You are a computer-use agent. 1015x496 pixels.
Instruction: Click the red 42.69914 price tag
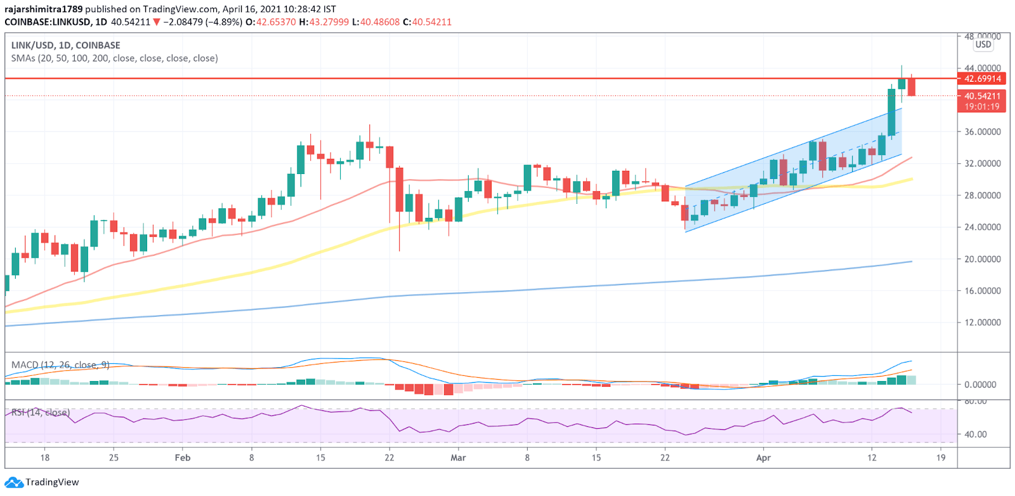[x=982, y=79]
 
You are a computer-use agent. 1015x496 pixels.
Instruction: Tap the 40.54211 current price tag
[x=982, y=96]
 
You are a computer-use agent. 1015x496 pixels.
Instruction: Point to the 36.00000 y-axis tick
[x=983, y=132]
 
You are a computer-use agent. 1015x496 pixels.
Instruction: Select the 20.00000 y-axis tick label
[x=983, y=259]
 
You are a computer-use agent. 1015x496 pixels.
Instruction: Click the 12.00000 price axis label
[x=983, y=323]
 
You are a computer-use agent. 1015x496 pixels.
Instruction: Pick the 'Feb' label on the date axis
[x=183, y=457]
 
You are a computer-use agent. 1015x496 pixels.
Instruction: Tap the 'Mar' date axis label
[x=458, y=457]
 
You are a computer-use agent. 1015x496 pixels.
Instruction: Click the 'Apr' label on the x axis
[x=763, y=457]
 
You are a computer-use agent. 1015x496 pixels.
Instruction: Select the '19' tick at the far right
[x=941, y=457]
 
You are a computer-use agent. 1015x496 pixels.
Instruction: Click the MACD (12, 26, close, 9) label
[x=60, y=365]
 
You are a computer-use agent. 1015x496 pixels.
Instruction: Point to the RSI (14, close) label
[x=41, y=413]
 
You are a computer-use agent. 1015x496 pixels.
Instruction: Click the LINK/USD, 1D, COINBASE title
[x=65, y=45]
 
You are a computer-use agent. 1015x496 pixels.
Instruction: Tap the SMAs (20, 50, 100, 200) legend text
[x=114, y=58]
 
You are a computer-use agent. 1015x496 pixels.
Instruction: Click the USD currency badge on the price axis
[x=983, y=44]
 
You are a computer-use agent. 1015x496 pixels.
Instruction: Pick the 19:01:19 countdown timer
[x=982, y=107]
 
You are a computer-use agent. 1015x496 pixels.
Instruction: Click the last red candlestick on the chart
[x=912, y=86]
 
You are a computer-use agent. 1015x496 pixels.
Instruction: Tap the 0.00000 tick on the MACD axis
[x=980, y=385]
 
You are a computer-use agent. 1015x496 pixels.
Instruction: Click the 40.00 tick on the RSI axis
[x=976, y=434]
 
